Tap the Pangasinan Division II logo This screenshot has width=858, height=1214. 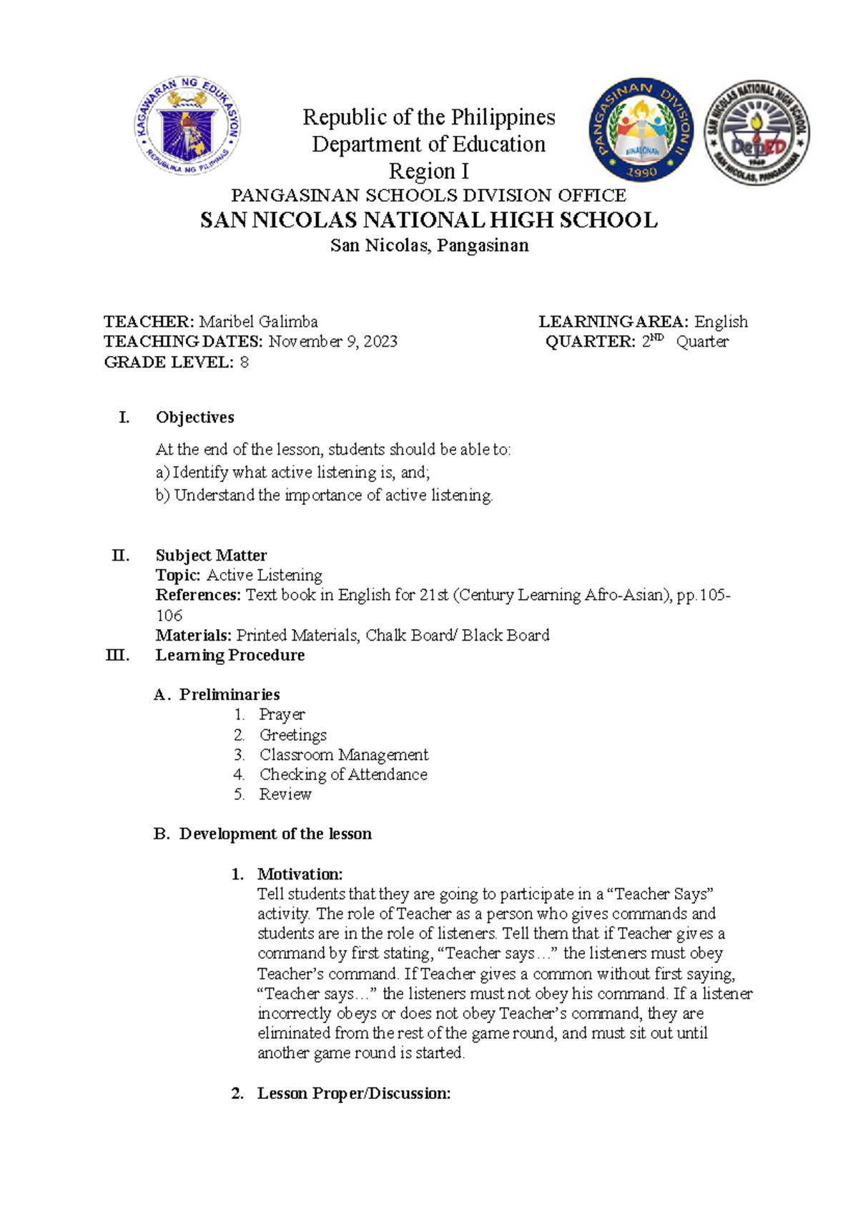[x=641, y=131]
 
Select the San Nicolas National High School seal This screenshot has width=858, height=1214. [x=756, y=133]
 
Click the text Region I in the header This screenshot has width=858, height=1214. [x=428, y=172]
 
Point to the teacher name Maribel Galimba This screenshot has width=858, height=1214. [x=258, y=322]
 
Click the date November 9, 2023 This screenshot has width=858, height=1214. [x=332, y=342]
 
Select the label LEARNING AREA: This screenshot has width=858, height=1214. [x=613, y=322]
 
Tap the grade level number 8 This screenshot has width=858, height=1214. [x=245, y=362]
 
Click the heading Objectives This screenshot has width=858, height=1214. [x=195, y=418]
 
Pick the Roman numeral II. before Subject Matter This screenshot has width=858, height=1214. [x=121, y=556]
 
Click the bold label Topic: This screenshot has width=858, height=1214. [x=179, y=576]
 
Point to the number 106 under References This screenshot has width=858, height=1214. [x=169, y=616]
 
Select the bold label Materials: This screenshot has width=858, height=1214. [x=194, y=636]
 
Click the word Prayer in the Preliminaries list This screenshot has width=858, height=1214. [x=282, y=714]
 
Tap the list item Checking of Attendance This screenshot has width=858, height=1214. [x=343, y=774]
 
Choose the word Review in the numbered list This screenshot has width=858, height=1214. [x=285, y=794]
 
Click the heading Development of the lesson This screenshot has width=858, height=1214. [x=275, y=834]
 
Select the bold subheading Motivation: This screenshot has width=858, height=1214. [x=300, y=874]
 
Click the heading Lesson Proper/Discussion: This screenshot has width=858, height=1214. [x=354, y=1093]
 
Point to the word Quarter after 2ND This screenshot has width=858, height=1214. [x=702, y=342]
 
